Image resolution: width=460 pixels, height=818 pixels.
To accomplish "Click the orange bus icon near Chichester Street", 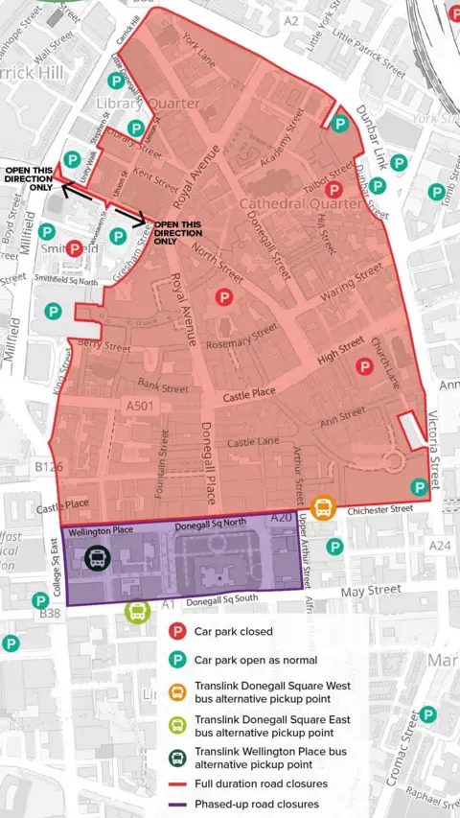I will click(323, 506).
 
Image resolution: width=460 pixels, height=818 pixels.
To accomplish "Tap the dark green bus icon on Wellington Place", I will click(97, 557).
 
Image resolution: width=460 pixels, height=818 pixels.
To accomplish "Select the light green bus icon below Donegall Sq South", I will click(137, 611).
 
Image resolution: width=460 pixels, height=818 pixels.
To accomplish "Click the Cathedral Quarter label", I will click(300, 203).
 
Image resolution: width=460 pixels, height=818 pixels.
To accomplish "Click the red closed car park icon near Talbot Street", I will click(333, 190).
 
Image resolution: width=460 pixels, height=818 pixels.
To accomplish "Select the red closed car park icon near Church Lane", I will click(363, 365).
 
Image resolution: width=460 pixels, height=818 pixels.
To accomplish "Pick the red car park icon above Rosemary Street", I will click(224, 297).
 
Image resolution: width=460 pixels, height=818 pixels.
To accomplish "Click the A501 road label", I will click(141, 408).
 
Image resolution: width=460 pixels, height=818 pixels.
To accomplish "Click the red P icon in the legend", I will click(176, 632).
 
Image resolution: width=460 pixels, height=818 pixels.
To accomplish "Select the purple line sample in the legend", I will click(176, 804).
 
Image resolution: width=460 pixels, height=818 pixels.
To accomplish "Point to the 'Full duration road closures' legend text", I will click(262, 783).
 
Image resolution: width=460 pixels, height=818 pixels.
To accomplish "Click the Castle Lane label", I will click(252, 442).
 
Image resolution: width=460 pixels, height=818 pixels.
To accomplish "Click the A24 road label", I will click(439, 546).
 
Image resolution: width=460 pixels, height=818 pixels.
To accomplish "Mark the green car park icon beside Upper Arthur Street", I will click(333, 547).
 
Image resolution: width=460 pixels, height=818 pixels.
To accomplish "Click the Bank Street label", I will click(162, 387).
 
